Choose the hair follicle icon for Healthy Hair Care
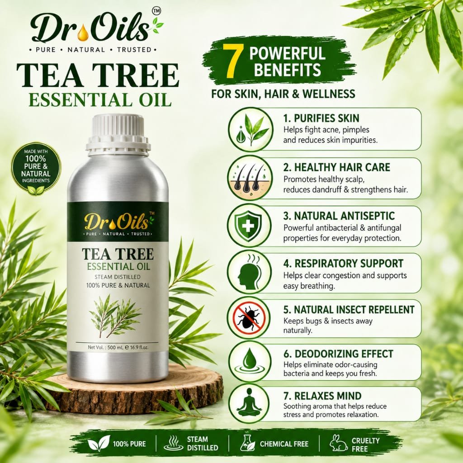[x=250, y=178]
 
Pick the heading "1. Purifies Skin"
[x=321, y=118]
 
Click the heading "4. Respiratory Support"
[x=343, y=263]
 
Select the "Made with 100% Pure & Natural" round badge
[x=36, y=170]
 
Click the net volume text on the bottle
[x=118, y=348]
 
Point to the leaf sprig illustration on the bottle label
[x=115, y=316]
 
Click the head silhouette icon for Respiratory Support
[x=249, y=272]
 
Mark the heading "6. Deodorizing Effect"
[x=338, y=354]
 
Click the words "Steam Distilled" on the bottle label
[x=118, y=277]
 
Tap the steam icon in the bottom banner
[x=173, y=443]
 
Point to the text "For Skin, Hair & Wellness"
[x=283, y=94]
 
